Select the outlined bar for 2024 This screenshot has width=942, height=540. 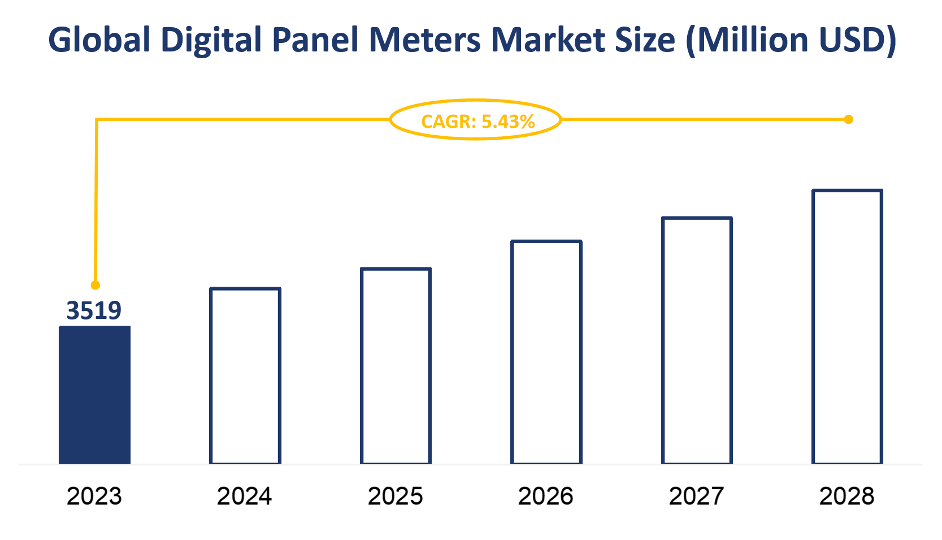[245, 376]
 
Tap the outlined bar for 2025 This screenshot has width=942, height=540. [396, 366]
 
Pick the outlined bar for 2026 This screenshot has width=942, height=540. [546, 352]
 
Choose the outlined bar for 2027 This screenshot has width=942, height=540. [697, 340]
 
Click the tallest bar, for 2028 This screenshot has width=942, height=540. [847, 327]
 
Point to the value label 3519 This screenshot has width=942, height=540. [94, 310]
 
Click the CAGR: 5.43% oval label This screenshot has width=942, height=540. [476, 120]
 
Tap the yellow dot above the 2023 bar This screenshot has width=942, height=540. [95, 285]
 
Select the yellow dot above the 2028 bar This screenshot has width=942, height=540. [848, 119]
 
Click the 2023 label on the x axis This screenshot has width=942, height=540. [94, 496]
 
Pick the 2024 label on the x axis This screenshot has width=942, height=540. [245, 496]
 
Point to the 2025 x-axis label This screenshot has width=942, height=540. [396, 496]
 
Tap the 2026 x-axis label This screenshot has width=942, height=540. [546, 496]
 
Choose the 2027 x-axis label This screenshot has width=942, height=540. [696, 496]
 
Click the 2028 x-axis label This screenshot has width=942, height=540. [847, 496]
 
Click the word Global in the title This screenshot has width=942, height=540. [99, 40]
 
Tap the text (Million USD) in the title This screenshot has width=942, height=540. [791, 40]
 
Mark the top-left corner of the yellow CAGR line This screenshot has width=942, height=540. [97, 120]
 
